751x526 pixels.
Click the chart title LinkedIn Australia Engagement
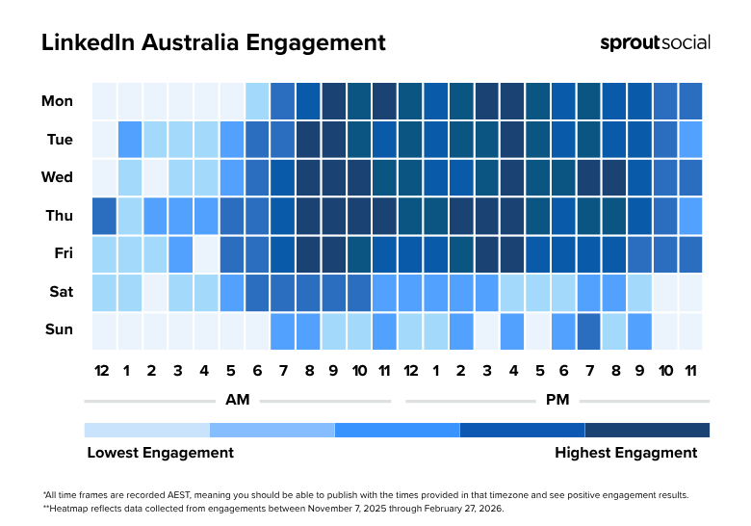(x=213, y=43)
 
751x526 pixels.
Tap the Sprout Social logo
(x=655, y=42)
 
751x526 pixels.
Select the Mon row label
(x=57, y=100)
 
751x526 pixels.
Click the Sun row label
(x=59, y=329)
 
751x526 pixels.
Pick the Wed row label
(x=58, y=177)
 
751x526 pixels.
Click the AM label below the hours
(x=236, y=399)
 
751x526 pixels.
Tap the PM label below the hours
(x=557, y=399)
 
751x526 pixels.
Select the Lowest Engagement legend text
(x=160, y=453)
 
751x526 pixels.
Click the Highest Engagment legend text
(x=626, y=453)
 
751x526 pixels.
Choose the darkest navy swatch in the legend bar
(x=647, y=430)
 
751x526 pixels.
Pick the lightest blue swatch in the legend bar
(x=146, y=430)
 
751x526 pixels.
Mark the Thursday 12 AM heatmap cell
(x=104, y=215)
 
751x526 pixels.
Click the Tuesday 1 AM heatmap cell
(x=129, y=139)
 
